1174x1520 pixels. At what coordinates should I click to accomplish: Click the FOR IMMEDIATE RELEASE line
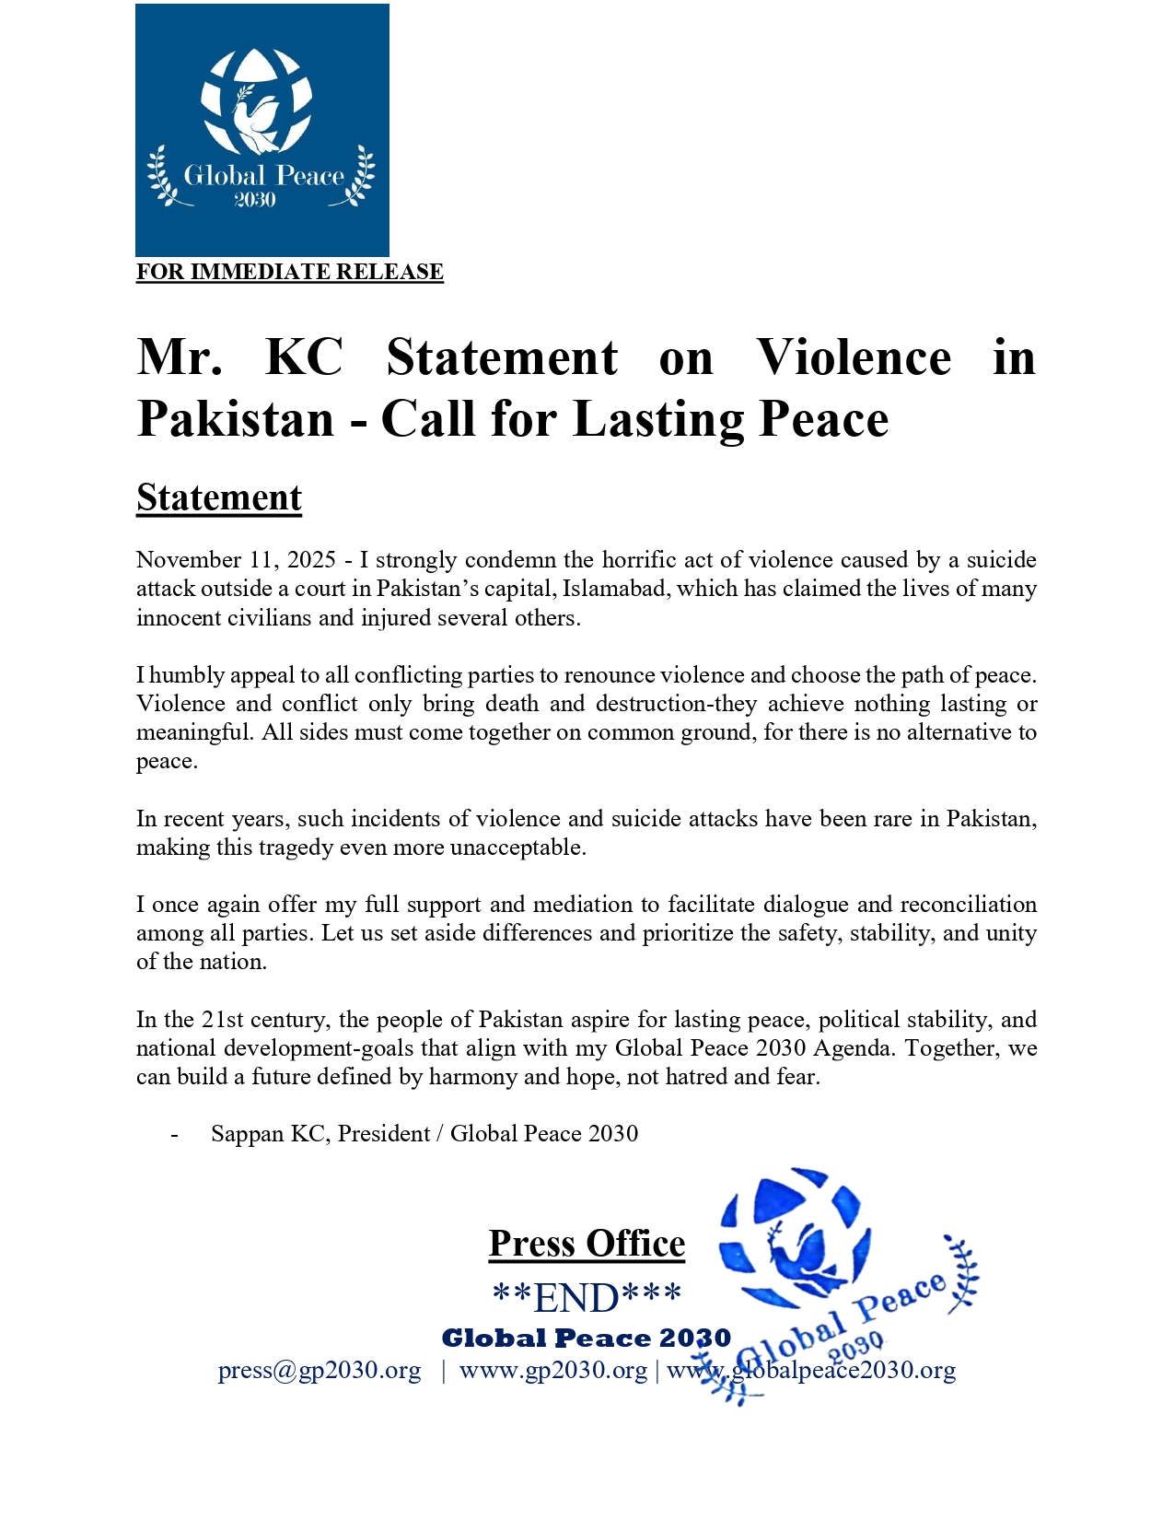290,272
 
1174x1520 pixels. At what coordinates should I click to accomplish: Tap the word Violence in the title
854,357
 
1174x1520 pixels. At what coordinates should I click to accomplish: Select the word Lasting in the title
659,419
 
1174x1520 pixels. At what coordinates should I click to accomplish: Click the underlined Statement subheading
219,497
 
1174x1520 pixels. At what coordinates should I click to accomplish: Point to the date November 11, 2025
236,560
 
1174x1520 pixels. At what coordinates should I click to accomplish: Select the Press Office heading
587,1244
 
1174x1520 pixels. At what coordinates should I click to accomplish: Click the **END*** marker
587,1298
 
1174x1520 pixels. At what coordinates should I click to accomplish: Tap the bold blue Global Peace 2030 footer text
587,1339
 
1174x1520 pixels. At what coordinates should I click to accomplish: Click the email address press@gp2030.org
320,1371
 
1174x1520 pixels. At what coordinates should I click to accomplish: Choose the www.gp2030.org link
553,1371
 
